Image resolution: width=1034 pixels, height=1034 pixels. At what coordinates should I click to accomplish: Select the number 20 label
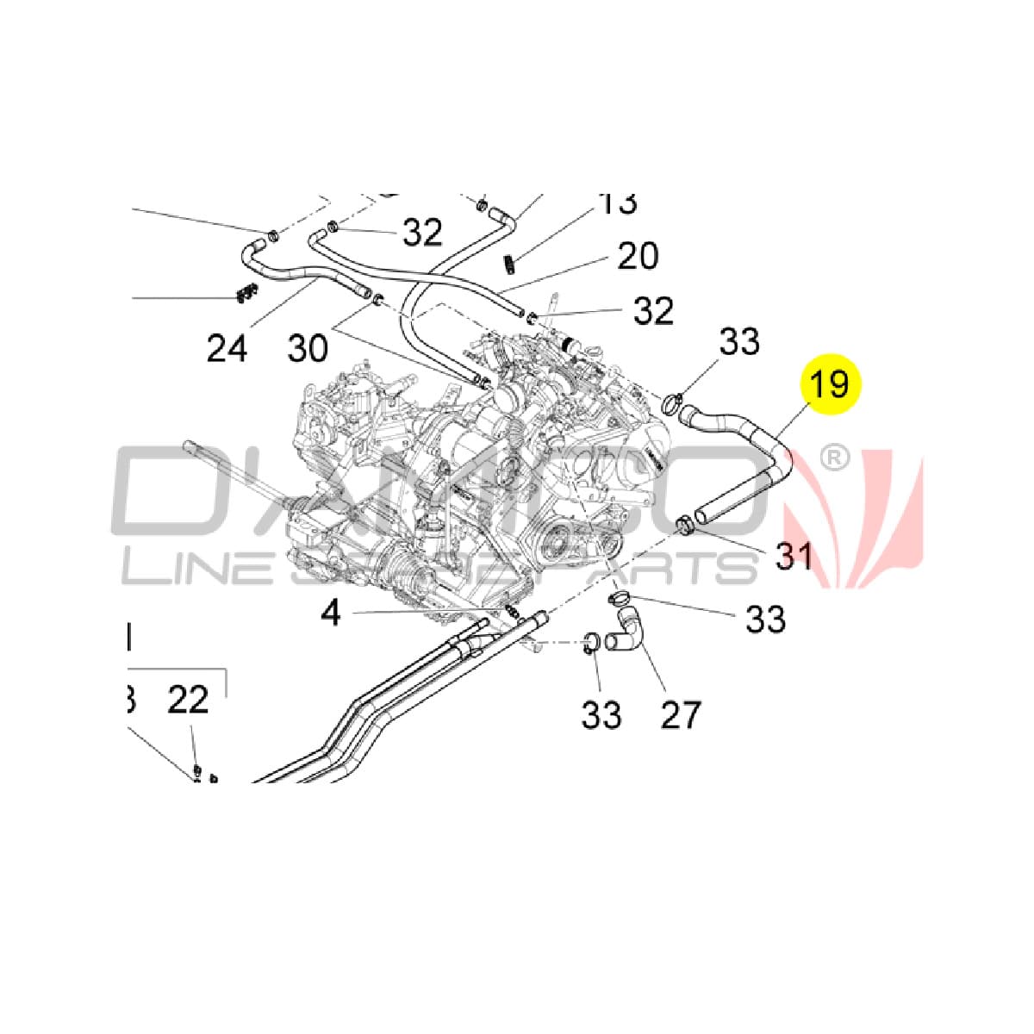[x=638, y=256]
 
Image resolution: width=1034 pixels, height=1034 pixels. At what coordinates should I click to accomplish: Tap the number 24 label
[x=227, y=348]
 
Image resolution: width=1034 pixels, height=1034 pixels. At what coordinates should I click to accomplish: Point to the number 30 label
[x=308, y=348]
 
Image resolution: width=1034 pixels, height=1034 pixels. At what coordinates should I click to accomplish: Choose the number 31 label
[x=794, y=556]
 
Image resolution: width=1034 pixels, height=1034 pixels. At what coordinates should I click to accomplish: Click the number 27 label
[x=681, y=714]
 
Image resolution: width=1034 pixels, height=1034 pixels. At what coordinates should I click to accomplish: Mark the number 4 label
[x=331, y=613]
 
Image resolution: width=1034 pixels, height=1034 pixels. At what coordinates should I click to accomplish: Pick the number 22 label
[x=188, y=700]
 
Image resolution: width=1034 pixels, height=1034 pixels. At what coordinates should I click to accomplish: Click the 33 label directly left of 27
[x=601, y=714]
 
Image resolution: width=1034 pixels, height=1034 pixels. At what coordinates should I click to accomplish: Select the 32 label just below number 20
[x=653, y=311]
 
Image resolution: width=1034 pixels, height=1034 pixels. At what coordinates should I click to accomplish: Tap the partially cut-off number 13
[x=618, y=204]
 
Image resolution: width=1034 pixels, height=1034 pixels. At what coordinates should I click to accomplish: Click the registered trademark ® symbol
[x=832, y=458]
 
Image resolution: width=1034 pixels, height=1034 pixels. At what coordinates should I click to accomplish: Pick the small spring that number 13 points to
[x=510, y=259]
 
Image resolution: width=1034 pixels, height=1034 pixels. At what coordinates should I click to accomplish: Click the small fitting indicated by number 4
[x=512, y=611]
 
